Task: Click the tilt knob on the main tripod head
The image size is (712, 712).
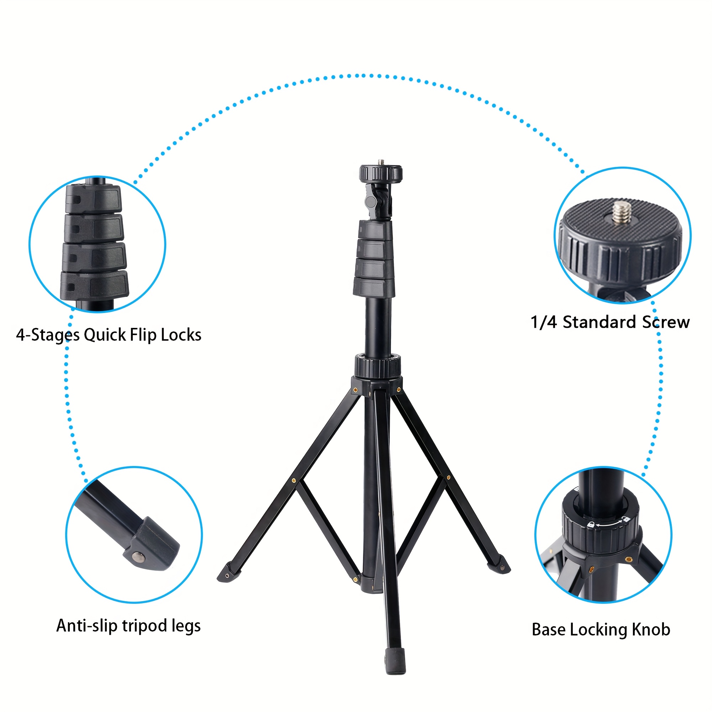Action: tap(370, 201)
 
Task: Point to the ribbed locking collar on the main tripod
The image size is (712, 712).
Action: tap(378, 366)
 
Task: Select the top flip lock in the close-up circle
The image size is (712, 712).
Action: tap(94, 198)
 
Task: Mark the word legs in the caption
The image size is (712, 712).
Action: tap(186, 627)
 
